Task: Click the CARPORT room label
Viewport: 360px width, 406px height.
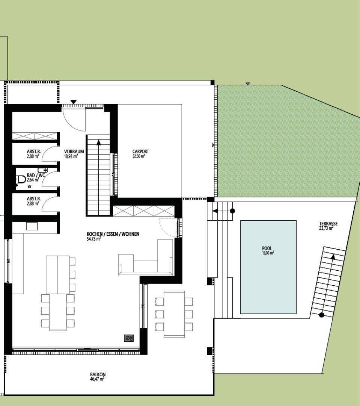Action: pos(141,151)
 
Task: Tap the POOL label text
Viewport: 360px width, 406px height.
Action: pos(267,248)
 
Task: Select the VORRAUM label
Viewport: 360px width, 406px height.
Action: pos(74,151)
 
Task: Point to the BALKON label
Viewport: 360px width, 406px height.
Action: pos(98,374)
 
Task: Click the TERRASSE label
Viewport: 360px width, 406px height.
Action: pos(328,223)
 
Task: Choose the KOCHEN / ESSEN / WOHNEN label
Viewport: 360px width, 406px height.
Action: pos(113,234)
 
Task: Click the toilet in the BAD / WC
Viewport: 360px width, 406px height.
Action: pos(20,179)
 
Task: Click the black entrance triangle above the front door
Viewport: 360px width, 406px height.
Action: pos(74,102)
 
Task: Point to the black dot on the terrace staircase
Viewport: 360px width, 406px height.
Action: pos(321,315)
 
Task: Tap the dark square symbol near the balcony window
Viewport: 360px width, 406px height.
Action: pos(129,338)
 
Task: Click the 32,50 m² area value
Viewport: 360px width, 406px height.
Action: pos(139,156)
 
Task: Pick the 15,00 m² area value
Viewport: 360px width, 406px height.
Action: pos(268,253)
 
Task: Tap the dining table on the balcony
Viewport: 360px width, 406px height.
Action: pos(174,314)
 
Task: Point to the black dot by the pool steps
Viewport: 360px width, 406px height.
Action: pos(232,211)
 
